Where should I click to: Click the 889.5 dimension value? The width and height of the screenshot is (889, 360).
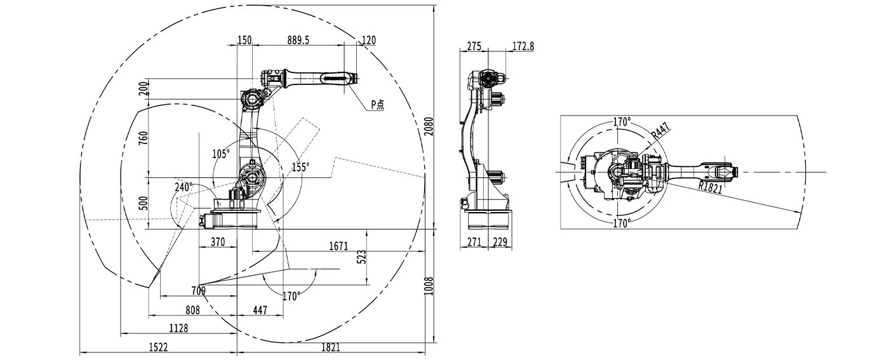click(x=298, y=40)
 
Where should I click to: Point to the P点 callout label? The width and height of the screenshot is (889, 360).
click(x=378, y=105)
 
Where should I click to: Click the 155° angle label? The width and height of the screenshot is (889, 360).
click(x=300, y=167)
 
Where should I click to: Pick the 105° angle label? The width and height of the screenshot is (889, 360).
click(x=221, y=153)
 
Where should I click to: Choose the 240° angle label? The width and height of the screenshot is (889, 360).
click(x=184, y=187)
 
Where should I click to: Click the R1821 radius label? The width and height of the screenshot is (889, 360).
click(x=711, y=187)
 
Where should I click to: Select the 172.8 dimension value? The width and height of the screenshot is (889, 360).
click(x=523, y=46)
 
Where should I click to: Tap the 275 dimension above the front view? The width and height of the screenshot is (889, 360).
click(x=474, y=46)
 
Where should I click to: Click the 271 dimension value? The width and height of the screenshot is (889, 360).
click(x=474, y=242)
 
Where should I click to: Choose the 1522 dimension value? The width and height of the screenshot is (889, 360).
click(x=158, y=347)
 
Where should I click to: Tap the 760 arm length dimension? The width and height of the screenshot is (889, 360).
click(x=143, y=138)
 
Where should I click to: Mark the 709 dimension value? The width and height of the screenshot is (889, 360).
click(x=198, y=291)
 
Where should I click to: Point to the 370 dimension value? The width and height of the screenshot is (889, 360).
click(x=218, y=242)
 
